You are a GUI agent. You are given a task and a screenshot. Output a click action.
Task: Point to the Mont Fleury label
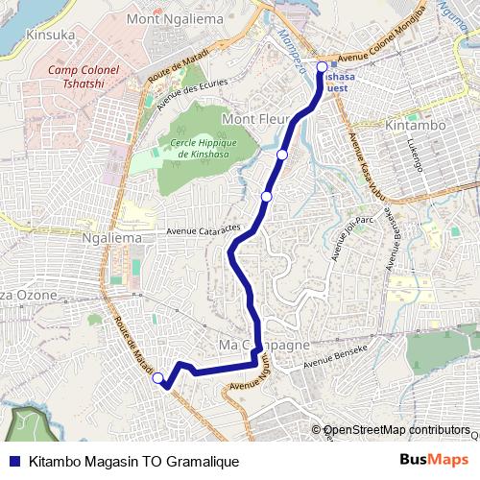pyautogui.click(x=252, y=119)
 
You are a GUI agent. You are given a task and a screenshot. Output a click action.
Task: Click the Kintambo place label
pyautogui.click(x=412, y=125)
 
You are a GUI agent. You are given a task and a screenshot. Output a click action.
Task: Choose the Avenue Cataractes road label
pyautogui.click(x=207, y=231)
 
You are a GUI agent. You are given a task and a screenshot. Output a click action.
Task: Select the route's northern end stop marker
pyautogui.click(x=322, y=67)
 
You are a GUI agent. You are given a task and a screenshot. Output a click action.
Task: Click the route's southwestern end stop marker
pyautogui.click(x=158, y=378)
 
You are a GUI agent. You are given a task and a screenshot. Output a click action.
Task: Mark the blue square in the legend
pyautogui.click(x=13, y=461)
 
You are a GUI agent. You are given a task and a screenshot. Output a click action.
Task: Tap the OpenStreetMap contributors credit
pyautogui.click(x=396, y=429)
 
